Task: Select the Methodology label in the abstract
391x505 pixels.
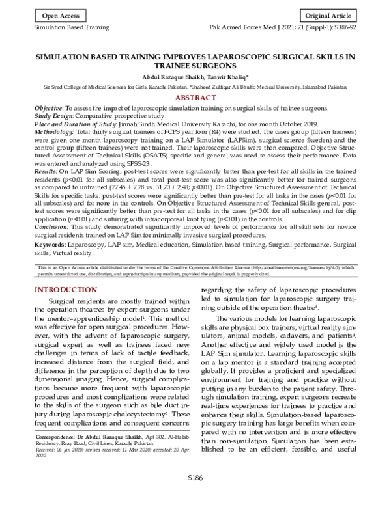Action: (57, 131)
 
